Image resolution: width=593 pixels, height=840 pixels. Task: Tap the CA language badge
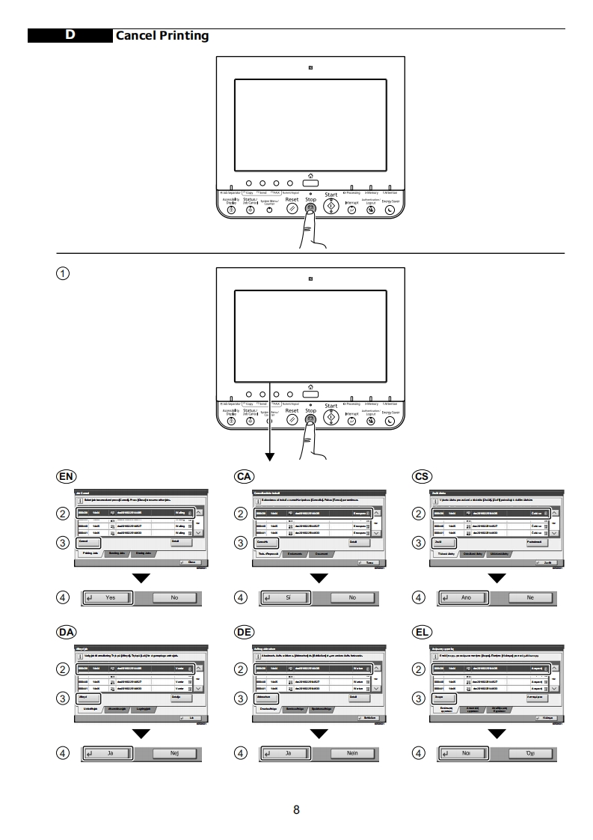[244, 476]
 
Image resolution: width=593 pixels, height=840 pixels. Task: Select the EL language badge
[422, 632]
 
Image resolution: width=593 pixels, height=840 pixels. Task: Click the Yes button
[109, 598]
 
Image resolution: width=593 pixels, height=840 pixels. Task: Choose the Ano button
[464, 598]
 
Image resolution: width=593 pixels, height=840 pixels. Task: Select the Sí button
[287, 598]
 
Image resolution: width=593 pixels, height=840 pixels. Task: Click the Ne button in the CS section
[529, 598]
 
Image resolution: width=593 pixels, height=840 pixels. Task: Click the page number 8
[296, 809]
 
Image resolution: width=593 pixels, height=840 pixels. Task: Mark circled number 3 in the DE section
[241, 699]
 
